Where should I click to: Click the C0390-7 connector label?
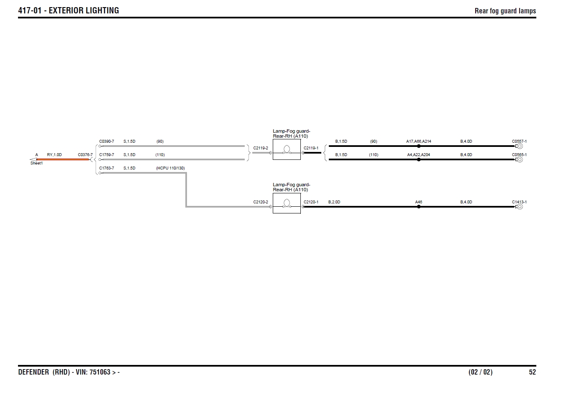click(x=106, y=141)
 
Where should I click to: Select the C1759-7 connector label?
click(x=106, y=155)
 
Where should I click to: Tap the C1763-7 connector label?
click(x=106, y=168)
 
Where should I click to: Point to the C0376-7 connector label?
click(x=85, y=155)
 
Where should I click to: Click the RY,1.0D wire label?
click(x=54, y=155)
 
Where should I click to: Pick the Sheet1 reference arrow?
click(x=33, y=159)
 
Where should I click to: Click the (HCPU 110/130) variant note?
click(x=170, y=168)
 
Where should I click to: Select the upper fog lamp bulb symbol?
click(x=287, y=149)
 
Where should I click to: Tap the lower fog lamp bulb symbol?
click(x=287, y=203)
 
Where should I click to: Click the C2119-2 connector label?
click(x=261, y=148)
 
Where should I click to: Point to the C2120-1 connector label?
click(x=311, y=202)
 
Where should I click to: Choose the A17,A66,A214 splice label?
click(x=418, y=141)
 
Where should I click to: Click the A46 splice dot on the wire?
click(x=419, y=207)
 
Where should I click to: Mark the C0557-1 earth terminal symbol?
click(x=520, y=146)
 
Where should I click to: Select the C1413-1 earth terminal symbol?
click(x=520, y=207)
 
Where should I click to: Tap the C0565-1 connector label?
click(x=519, y=155)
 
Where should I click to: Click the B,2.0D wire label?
click(x=334, y=202)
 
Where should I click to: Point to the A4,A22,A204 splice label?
click(x=418, y=155)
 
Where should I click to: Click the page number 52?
click(x=532, y=372)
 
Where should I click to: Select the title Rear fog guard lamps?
click(x=505, y=11)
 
